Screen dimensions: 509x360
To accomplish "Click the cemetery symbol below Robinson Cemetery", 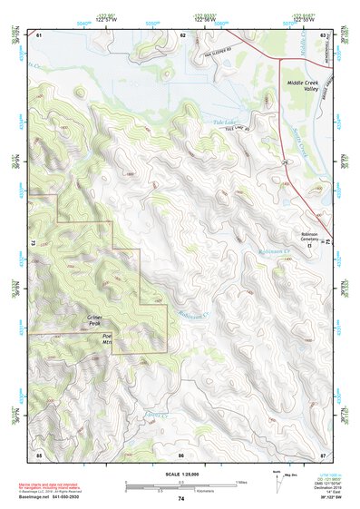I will coord(309,245).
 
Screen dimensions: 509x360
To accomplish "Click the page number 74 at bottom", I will coord(180,498).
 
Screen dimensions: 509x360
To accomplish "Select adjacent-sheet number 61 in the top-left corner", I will coord(39,34).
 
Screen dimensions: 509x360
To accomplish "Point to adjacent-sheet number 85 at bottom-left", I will coord(39,454).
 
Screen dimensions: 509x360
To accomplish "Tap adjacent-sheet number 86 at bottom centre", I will coord(180,454).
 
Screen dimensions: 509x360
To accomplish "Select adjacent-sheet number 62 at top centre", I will coord(182,34).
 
